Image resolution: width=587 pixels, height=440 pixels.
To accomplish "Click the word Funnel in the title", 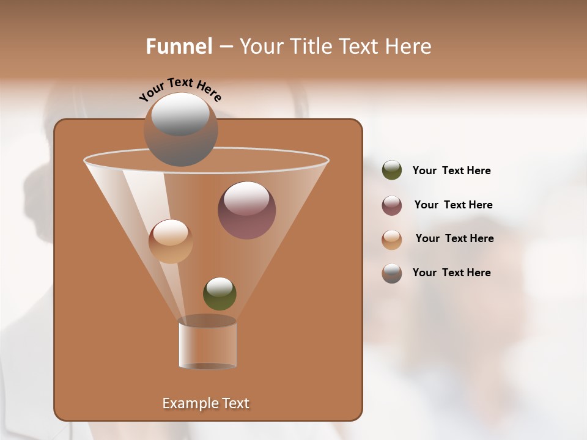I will [x=179, y=46].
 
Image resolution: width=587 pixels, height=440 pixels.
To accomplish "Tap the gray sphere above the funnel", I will [x=180, y=129].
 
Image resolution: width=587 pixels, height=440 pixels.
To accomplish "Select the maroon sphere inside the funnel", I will [x=246, y=211].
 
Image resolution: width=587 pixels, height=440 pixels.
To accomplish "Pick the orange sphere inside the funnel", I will [x=171, y=241].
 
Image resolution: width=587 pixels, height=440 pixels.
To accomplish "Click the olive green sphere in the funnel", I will [x=220, y=293].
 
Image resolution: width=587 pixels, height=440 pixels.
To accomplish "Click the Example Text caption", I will [x=205, y=403].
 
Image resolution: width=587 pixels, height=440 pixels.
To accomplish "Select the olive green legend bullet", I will [x=392, y=170].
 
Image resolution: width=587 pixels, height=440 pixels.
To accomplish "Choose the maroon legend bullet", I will [x=392, y=205].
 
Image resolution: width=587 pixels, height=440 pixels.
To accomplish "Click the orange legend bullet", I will [x=392, y=240].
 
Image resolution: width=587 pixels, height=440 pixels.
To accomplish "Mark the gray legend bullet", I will [x=392, y=273].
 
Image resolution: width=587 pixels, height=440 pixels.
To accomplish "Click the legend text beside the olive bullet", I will [x=451, y=171].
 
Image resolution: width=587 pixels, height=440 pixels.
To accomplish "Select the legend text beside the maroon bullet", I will [x=453, y=205].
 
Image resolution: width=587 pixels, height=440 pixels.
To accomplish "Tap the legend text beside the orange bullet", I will [x=454, y=239].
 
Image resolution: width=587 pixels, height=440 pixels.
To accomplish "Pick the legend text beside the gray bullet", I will [x=451, y=273].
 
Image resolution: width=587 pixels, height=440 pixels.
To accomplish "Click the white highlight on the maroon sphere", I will [x=246, y=198].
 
